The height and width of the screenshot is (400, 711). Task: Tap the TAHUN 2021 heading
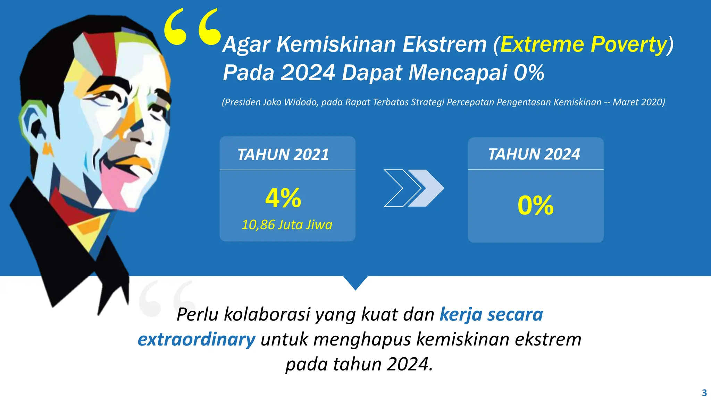tap(283, 155)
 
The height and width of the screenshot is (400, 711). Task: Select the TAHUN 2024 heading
tap(534, 154)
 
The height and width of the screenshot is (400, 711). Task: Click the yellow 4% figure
tap(283, 198)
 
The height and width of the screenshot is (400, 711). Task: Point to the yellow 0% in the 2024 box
tap(535, 205)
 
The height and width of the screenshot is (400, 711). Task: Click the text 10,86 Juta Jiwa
tap(287, 225)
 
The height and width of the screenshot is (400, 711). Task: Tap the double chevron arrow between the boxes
tap(413, 188)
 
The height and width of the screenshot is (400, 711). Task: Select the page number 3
tap(704, 393)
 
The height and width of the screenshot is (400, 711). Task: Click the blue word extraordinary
tap(196, 339)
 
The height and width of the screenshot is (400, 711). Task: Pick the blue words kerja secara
tap(491, 315)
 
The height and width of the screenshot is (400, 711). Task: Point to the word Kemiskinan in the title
tap(336, 45)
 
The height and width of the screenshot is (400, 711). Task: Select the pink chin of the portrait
tap(120, 184)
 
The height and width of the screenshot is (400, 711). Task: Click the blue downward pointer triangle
tap(355, 282)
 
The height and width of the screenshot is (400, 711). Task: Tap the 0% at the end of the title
tap(528, 73)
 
